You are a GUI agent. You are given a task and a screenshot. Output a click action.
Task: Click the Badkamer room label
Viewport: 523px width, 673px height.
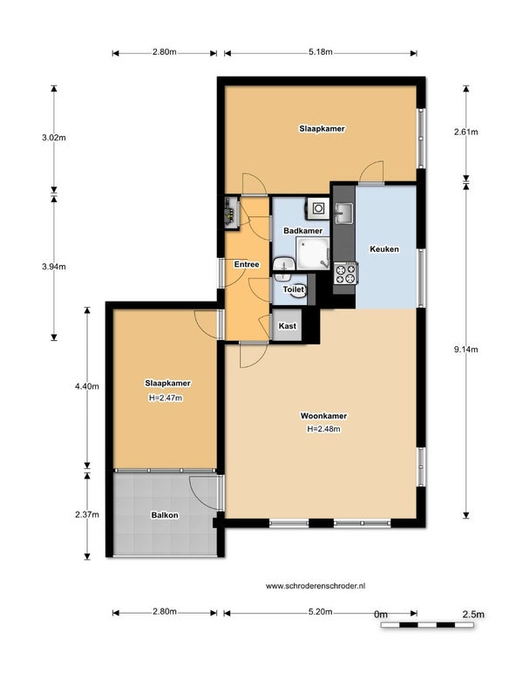tap(302, 230)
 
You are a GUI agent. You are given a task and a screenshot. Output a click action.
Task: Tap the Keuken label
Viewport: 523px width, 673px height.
tap(384, 249)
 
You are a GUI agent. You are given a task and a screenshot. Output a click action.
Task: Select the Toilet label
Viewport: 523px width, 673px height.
tap(294, 289)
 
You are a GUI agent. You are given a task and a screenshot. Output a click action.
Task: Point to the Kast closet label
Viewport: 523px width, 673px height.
tap(288, 326)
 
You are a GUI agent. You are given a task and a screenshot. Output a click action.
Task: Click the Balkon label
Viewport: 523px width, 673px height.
tap(165, 515)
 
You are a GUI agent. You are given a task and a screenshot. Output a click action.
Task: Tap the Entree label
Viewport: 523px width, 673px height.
tap(247, 264)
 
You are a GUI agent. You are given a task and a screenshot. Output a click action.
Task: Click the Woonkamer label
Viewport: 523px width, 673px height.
tap(323, 416)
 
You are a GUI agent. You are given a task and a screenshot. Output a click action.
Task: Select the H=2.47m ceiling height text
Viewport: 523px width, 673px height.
tap(166, 398)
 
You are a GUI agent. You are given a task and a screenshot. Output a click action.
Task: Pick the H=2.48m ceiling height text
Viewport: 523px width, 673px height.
tap(324, 429)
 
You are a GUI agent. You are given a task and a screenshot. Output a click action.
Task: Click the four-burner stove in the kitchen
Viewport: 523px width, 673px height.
tap(346, 275)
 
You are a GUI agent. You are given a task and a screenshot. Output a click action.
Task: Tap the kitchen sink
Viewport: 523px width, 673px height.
tap(343, 213)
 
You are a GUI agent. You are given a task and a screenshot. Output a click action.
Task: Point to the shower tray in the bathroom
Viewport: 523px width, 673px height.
tap(313, 254)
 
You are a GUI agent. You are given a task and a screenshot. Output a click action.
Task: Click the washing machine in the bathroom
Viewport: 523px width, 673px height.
tap(317, 208)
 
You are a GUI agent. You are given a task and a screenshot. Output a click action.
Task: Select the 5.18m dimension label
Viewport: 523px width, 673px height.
tap(321, 52)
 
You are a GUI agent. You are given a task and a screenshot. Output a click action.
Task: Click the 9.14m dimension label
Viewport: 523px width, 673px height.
tap(466, 350)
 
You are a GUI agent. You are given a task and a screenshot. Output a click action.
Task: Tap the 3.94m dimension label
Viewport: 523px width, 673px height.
tap(54, 267)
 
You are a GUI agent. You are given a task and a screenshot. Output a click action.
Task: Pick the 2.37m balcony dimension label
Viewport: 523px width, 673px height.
tap(87, 514)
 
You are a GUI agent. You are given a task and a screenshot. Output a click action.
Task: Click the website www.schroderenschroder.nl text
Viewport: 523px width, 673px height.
tap(316, 586)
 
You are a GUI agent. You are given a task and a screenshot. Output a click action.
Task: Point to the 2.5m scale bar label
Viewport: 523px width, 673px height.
tap(473, 615)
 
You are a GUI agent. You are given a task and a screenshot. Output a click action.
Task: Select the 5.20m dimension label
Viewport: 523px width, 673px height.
tap(321, 612)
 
